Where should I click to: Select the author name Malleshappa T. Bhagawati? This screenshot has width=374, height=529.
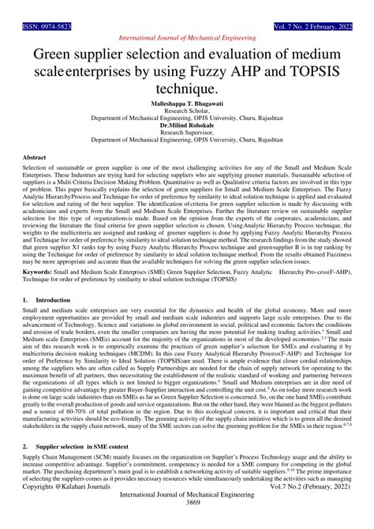187,104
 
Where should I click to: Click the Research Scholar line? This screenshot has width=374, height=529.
187,111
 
